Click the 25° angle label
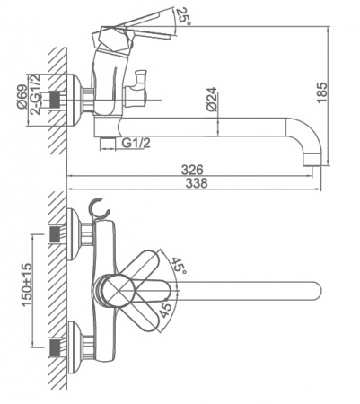point(183,16)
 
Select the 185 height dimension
point(322,92)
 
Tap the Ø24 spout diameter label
point(212,100)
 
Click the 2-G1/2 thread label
point(35,94)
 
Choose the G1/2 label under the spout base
point(136,144)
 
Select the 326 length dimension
point(192,170)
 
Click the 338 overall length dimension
point(197,182)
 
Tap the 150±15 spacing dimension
point(27,285)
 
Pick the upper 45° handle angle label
point(179,264)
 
